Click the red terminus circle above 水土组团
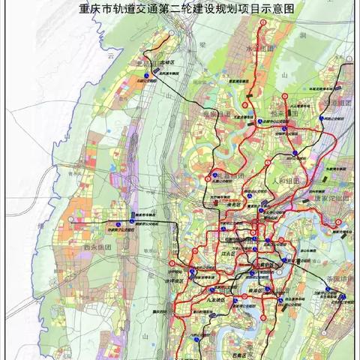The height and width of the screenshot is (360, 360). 263,22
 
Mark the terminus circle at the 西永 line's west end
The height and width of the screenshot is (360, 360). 71,219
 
